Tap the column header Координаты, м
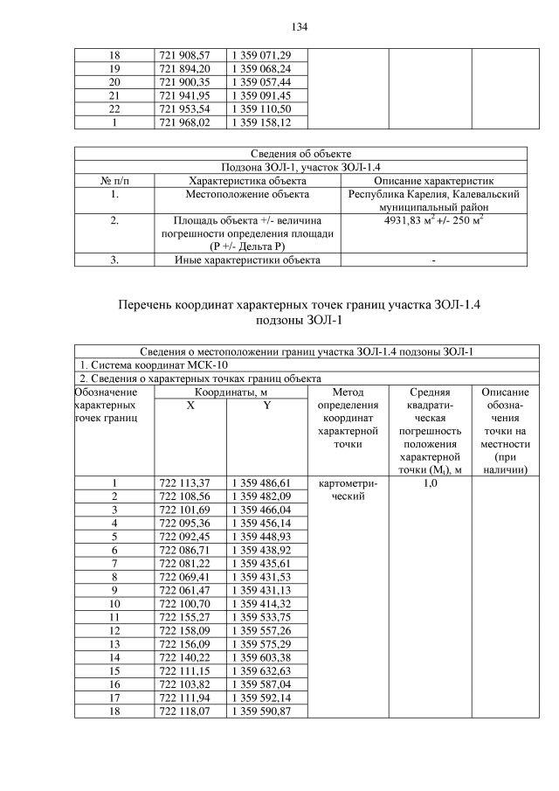click(x=231, y=392)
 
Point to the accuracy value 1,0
click(x=429, y=482)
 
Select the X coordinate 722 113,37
click(x=190, y=482)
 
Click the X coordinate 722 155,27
click(x=190, y=616)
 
